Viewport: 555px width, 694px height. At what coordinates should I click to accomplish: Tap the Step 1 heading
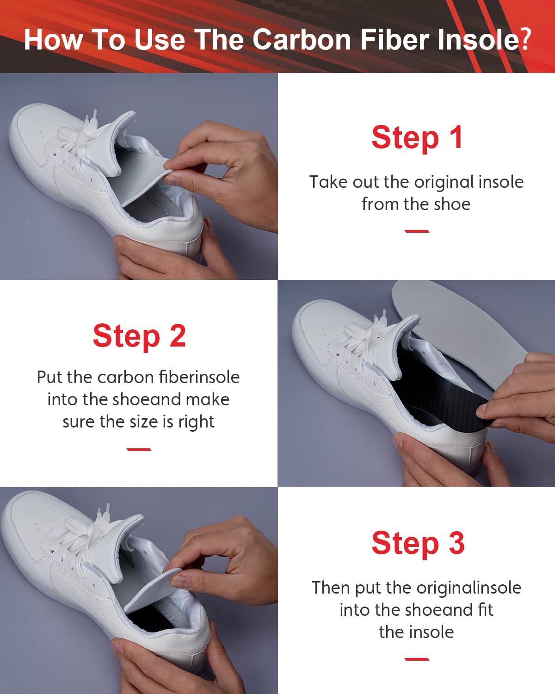(x=417, y=137)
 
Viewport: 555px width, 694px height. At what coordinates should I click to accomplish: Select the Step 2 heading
(x=139, y=336)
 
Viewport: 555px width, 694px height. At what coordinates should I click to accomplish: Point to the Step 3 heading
(x=418, y=543)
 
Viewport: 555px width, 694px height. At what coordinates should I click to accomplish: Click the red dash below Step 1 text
(x=417, y=231)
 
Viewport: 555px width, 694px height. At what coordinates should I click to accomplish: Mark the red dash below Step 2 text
(x=139, y=449)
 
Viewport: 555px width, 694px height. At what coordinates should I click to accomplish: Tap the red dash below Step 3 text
(x=417, y=659)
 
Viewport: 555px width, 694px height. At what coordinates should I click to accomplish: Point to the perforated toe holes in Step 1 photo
(x=46, y=134)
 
